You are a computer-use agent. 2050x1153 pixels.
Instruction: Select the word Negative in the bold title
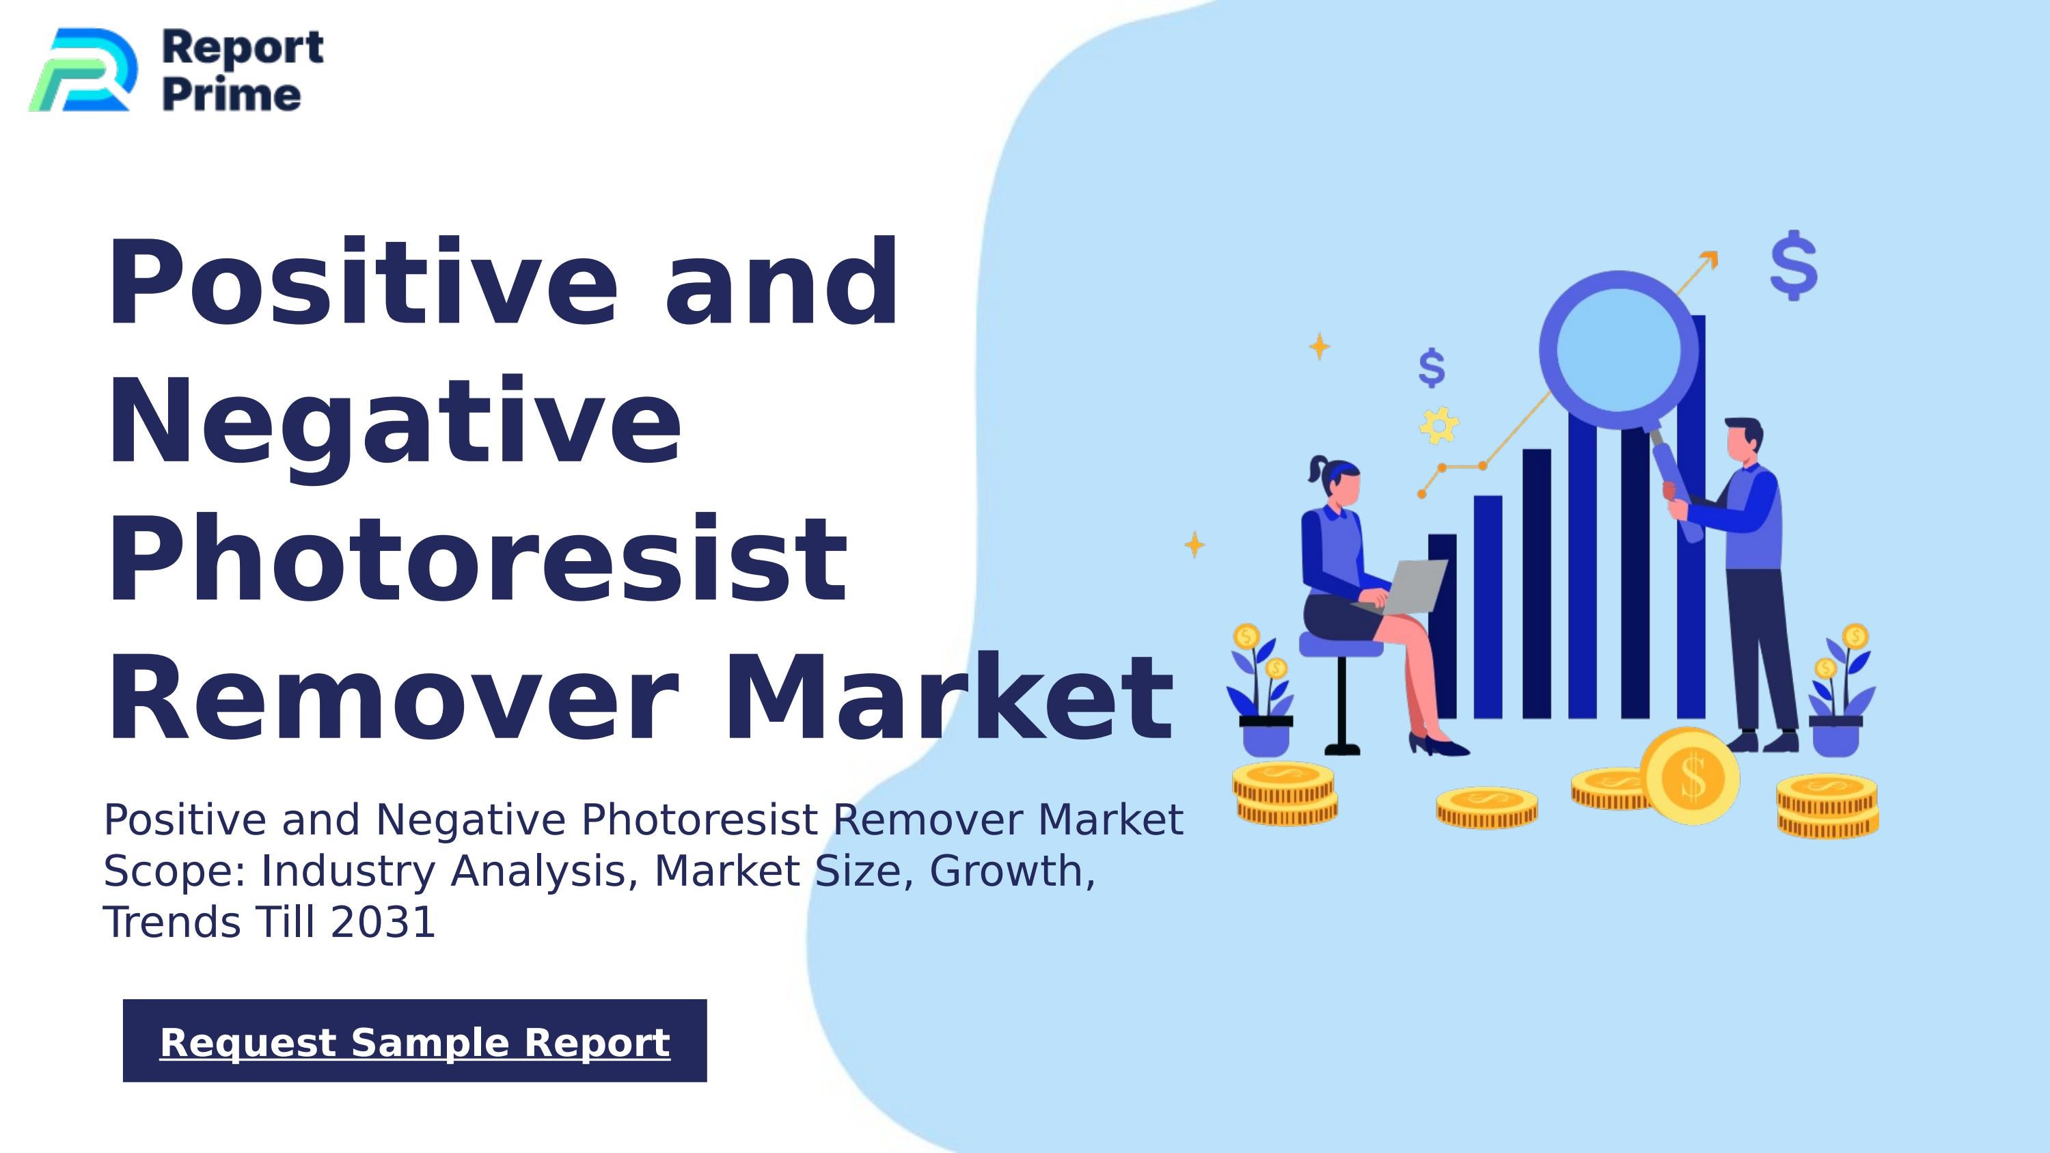click(394, 422)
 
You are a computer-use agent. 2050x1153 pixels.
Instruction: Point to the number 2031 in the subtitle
click(383, 922)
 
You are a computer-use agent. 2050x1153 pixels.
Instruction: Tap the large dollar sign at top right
click(1794, 266)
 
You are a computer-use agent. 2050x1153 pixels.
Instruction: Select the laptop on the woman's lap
click(1412, 586)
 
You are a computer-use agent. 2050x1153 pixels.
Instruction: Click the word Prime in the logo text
click(232, 96)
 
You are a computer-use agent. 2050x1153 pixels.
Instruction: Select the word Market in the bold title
click(947, 698)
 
